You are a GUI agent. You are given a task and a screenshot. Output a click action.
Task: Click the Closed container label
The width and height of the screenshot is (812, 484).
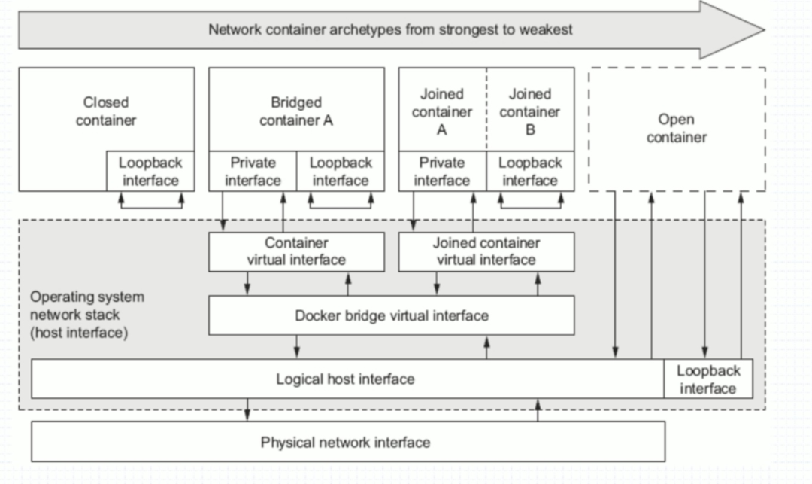(106, 111)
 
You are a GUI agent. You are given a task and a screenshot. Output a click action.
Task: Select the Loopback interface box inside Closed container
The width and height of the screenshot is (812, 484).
(150, 172)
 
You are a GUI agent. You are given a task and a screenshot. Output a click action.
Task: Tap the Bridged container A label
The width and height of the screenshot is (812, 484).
(296, 111)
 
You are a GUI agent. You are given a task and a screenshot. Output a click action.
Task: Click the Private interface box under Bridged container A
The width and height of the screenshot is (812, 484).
(253, 172)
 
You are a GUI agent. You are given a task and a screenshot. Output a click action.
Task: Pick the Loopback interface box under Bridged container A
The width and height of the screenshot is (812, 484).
(341, 172)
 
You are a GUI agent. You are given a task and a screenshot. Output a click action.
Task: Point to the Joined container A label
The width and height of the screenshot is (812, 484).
(442, 111)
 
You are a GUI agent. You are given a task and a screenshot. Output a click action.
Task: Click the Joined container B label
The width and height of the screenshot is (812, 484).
(530, 111)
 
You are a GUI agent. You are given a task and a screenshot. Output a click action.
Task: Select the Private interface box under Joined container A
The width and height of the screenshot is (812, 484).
(442, 172)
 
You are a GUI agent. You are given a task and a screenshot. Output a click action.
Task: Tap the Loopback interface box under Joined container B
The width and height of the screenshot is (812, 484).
(530, 172)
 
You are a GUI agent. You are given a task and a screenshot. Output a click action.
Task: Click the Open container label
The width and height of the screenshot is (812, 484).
(677, 128)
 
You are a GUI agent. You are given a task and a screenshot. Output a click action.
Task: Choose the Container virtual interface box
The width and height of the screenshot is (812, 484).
(296, 251)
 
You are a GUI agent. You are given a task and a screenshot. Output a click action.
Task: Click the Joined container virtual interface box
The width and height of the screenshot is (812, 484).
(486, 251)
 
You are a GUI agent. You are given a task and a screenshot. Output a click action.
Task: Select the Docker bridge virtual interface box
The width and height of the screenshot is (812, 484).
(391, 315)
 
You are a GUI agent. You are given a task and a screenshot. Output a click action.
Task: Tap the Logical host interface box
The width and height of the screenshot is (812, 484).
(345, 379)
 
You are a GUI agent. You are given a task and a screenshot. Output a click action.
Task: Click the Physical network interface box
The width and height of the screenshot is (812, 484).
(345, 442)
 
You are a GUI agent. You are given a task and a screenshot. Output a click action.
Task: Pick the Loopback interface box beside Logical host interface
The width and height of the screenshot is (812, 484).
(708, 379)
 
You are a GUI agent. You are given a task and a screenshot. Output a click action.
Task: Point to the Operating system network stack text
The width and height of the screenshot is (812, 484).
(86, 314)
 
